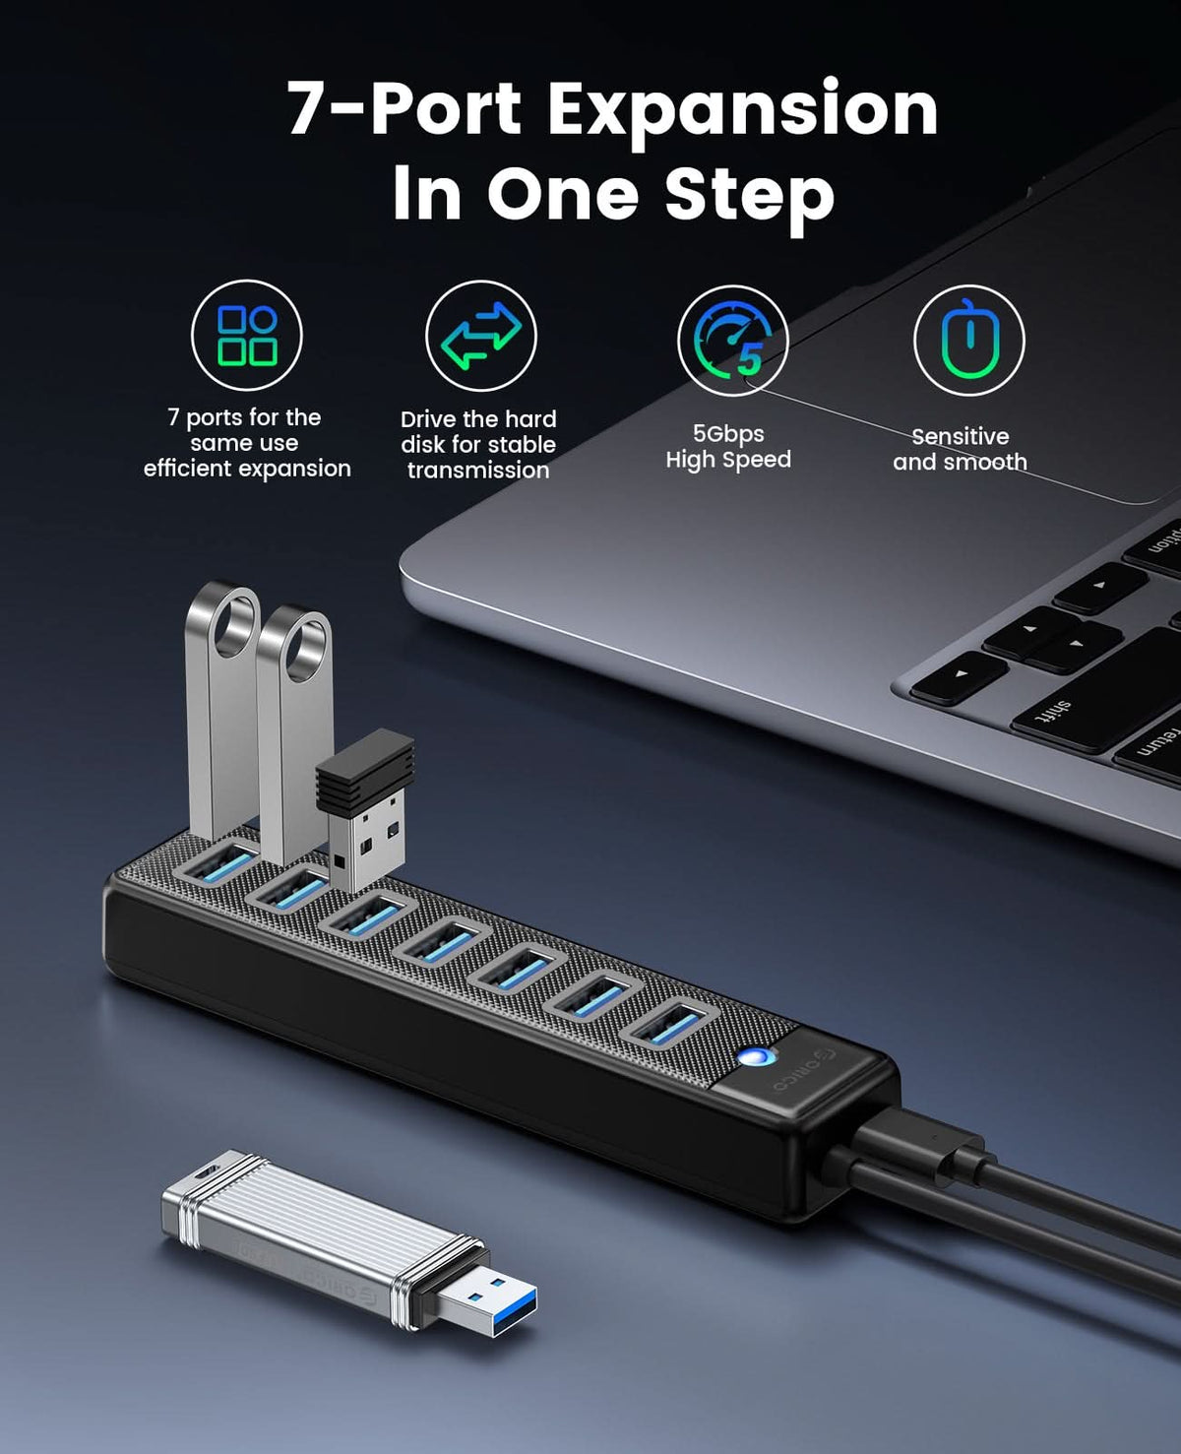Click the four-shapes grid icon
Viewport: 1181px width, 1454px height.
pos(247,336)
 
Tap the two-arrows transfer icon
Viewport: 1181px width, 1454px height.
pos(480,336)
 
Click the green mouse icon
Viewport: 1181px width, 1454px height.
pos(968,341)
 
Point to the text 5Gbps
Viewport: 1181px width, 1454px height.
pos(728,434)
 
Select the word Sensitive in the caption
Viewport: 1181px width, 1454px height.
pos(960,436)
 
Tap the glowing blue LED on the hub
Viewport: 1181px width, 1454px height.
pos(756,1058)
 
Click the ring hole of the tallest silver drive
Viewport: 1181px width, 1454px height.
pos(233,622)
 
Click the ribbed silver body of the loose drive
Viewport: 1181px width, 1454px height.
pos(295,1229)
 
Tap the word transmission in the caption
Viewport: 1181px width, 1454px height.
pos(478,471)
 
